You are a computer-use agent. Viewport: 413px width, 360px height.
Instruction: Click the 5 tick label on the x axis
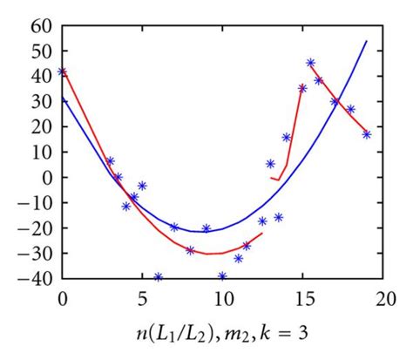142,298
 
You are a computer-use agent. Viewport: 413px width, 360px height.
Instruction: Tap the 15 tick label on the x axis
302,298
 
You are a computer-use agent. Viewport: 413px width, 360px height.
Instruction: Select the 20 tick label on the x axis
383,298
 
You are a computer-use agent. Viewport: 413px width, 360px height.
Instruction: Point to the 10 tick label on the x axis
222,298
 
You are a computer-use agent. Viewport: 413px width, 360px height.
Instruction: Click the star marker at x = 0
62,71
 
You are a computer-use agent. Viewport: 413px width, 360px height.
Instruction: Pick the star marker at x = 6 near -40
158,277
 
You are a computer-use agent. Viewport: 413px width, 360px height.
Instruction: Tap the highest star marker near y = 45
310,63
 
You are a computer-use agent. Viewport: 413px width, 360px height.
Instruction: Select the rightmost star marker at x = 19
367,134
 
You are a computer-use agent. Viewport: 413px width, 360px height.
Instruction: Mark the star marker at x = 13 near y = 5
270,164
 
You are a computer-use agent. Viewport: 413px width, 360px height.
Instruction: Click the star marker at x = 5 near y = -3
142,186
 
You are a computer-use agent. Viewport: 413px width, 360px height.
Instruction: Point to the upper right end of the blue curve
367,41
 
